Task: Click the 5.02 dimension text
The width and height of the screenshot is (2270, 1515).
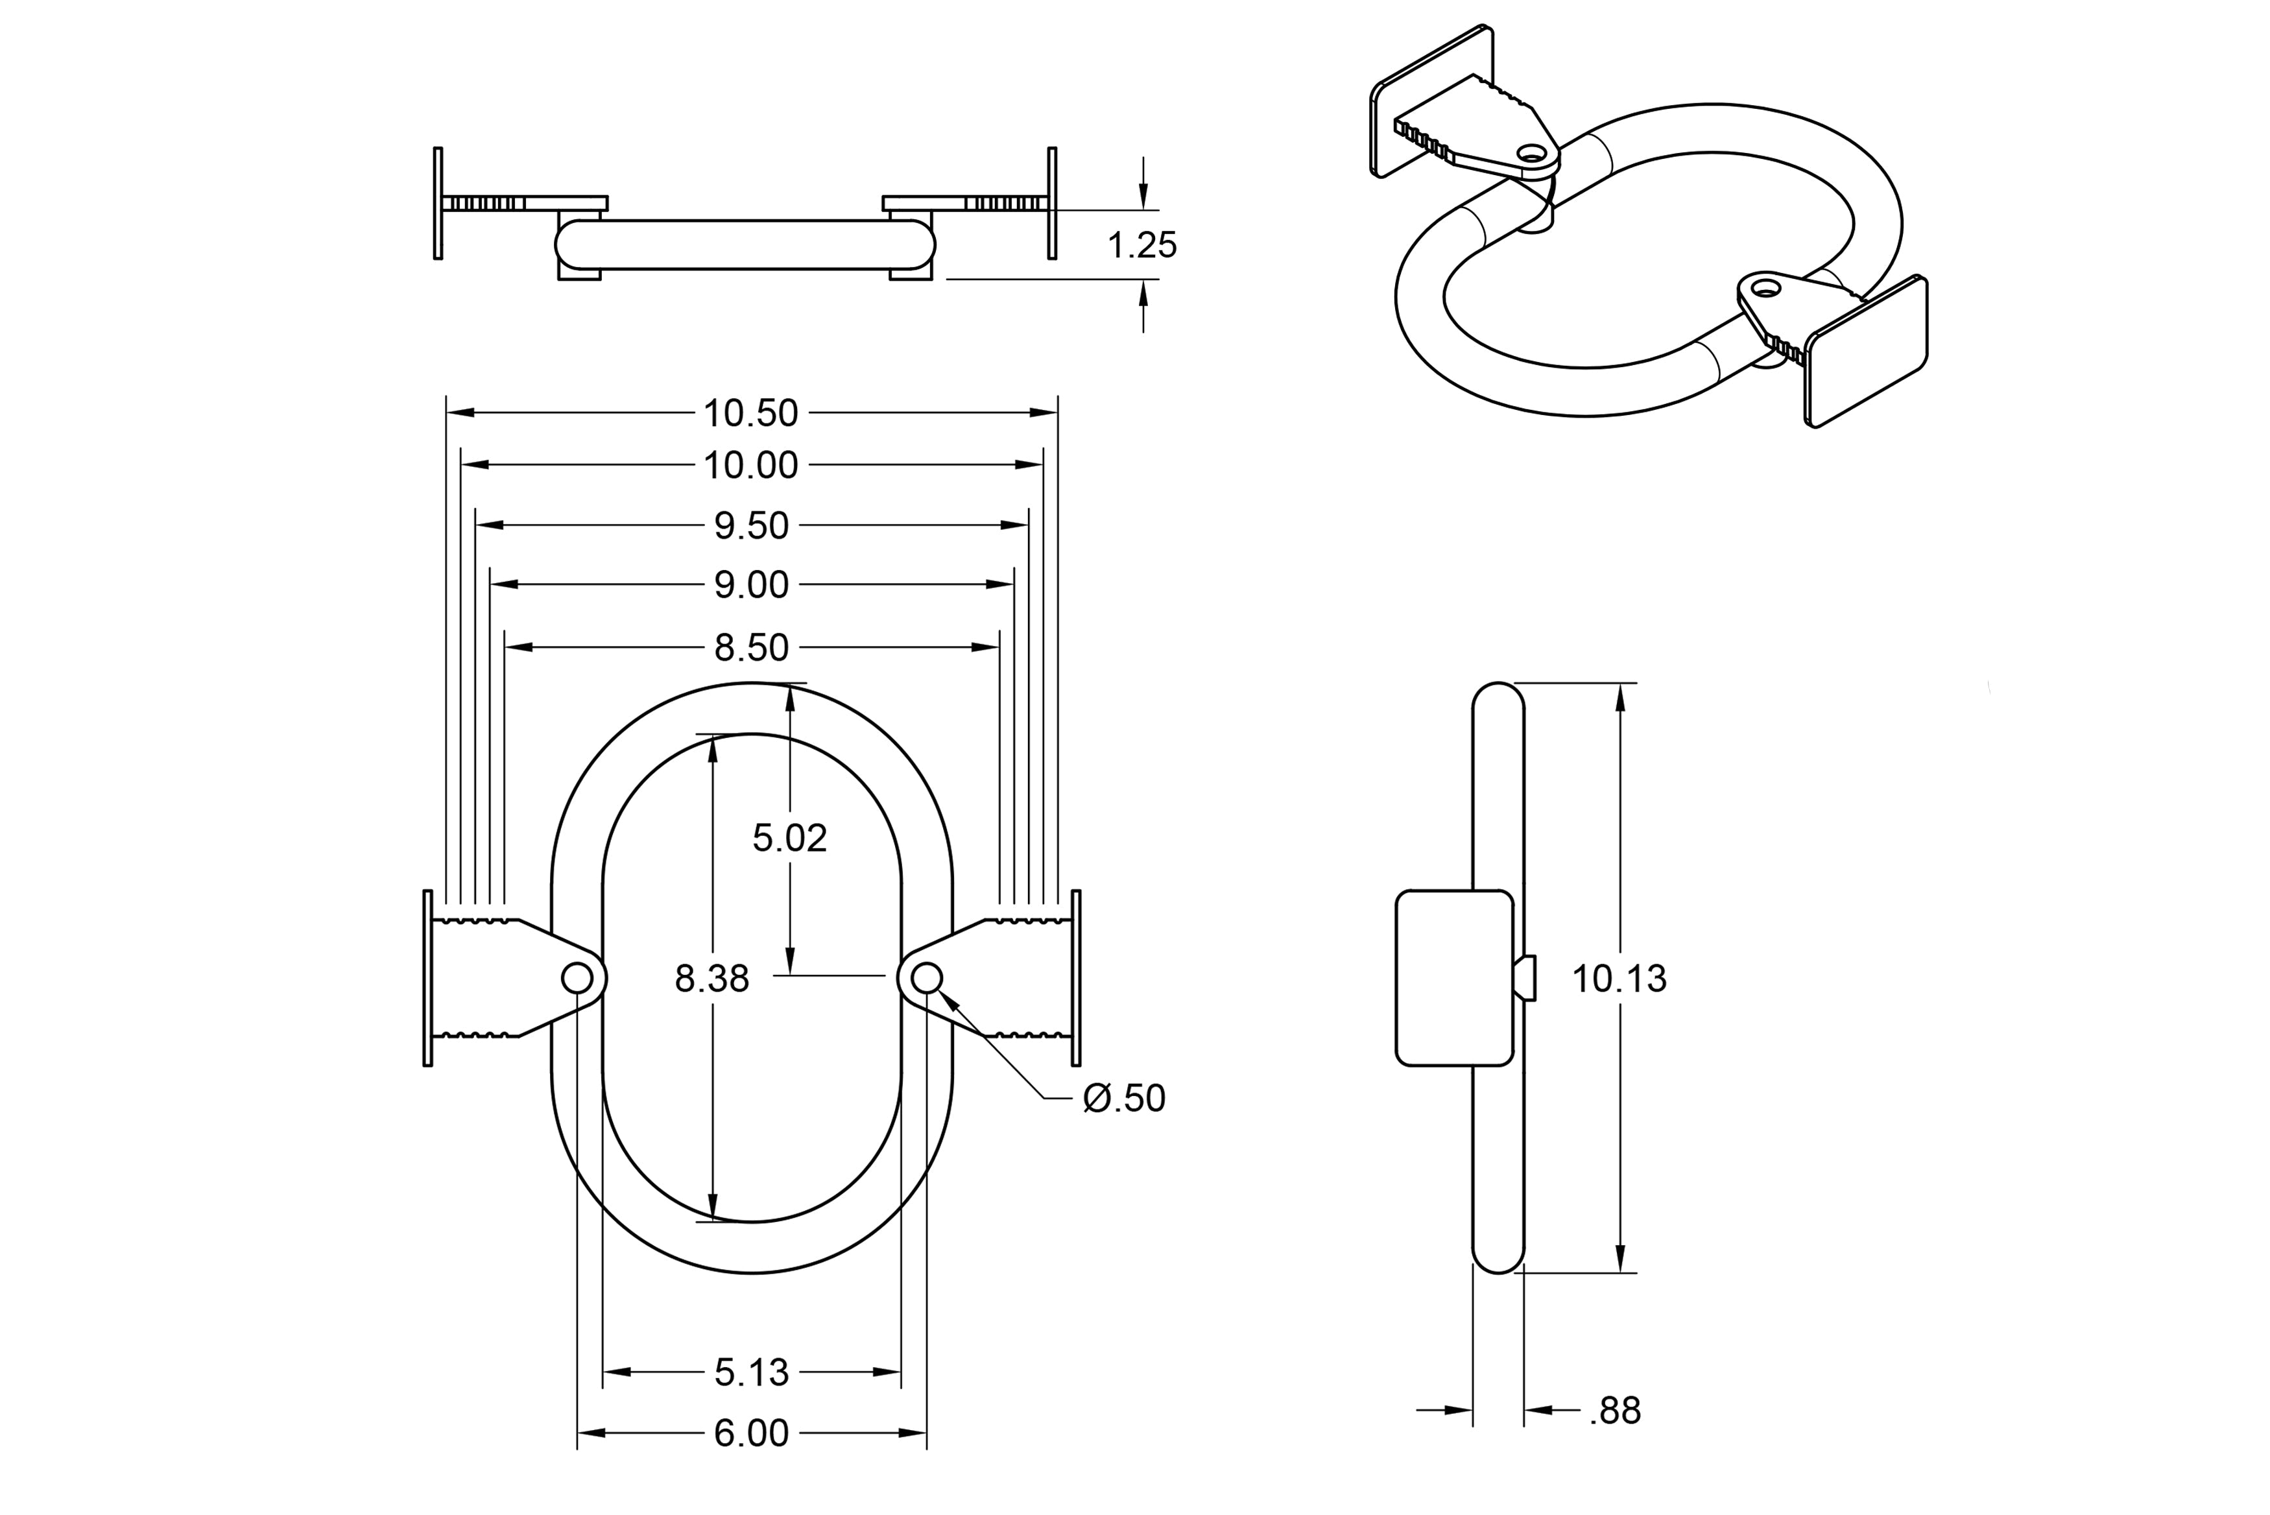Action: coord(789,838)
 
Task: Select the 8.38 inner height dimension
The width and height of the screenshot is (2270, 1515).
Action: coord(712,979)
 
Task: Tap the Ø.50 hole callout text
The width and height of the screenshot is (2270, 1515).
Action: coord(1125,1099)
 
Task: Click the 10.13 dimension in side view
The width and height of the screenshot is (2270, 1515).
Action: coord(1619,979)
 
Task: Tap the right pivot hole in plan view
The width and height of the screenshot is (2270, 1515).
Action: coord(926,979)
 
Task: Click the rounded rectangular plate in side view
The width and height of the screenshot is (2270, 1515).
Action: coord(1453,978)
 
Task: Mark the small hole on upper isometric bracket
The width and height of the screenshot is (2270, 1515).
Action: coord(1531,152)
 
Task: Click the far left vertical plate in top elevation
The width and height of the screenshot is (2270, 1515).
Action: coord(438,203)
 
